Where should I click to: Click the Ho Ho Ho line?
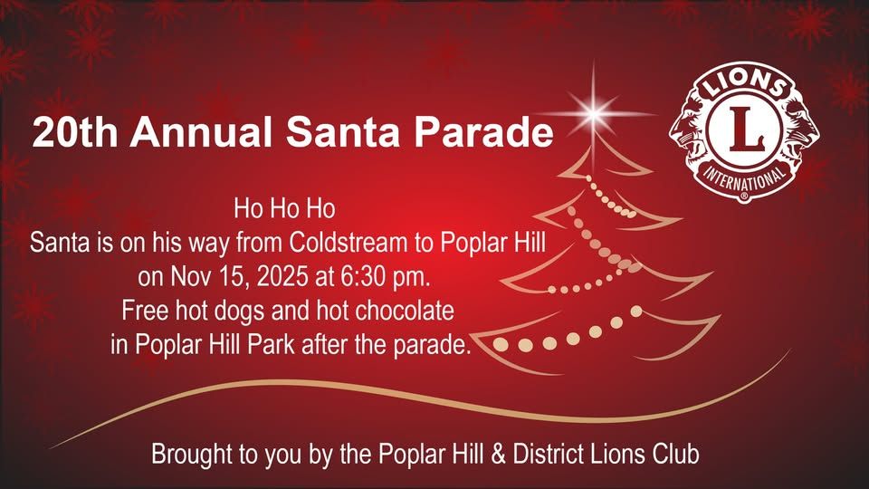coord(284,210)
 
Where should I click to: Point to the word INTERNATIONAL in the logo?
coord(752,181)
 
